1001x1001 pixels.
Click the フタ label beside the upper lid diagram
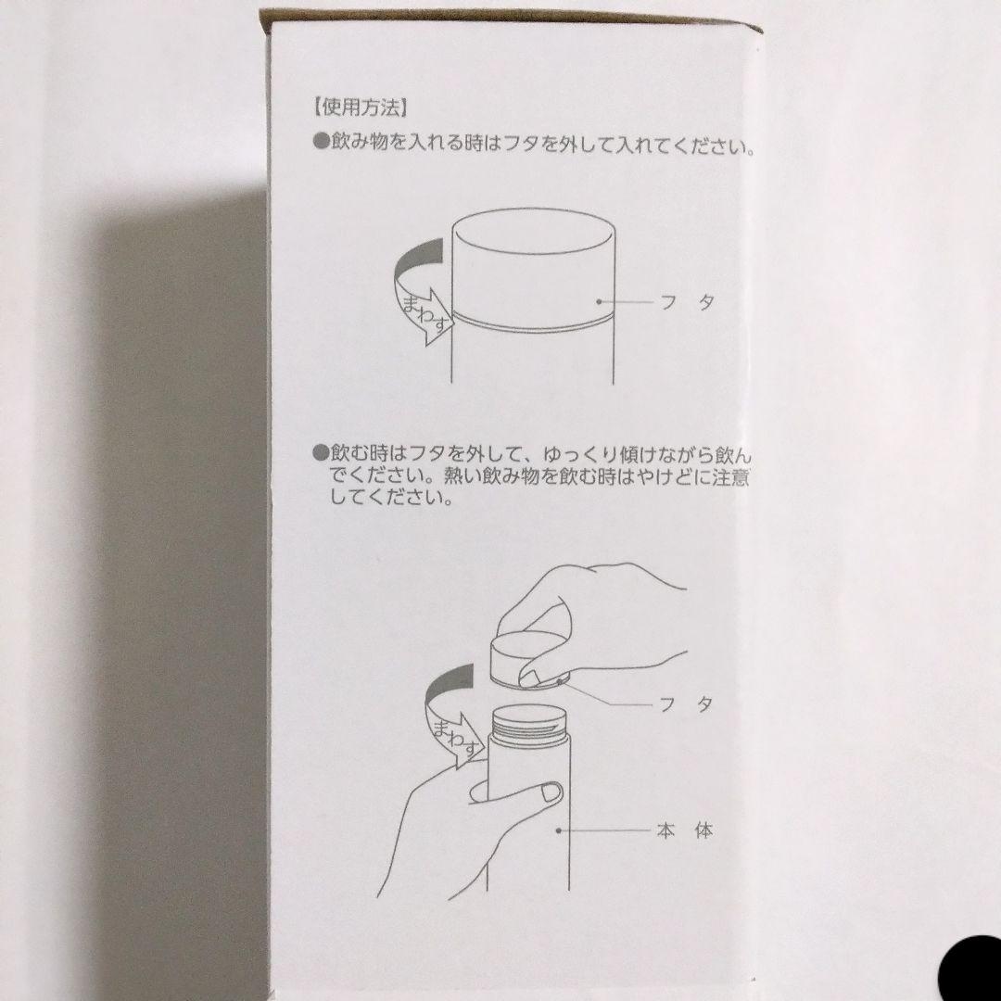[x=681, y=302]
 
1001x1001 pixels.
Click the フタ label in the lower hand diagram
[x=681, y=704]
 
